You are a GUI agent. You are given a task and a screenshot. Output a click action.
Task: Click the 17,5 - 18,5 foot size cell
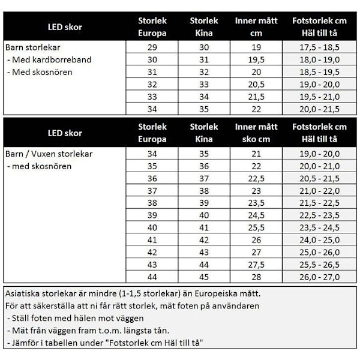[319, 47]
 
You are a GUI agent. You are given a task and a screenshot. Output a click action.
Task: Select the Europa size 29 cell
[152, 47]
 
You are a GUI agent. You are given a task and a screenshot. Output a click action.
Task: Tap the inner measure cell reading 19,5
[256, 59]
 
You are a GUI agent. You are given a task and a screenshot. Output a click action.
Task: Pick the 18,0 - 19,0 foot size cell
[319, 59]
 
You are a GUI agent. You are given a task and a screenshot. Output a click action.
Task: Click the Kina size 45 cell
[204, 277]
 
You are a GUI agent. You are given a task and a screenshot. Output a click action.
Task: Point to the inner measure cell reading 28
[256, 277]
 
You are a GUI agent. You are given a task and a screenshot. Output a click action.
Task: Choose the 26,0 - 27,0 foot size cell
[319, 277]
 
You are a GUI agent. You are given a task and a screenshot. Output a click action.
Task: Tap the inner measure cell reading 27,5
[256, 264]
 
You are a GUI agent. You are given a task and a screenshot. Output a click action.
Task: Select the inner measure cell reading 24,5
[256, 215]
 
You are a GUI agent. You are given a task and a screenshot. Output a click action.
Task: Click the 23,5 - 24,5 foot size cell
[319, 227]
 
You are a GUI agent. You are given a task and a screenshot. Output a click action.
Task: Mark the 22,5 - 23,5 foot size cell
[319, 215]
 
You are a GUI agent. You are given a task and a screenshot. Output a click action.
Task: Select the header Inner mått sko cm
[256, 133]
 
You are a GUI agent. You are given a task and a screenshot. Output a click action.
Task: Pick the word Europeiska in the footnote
[197, 294]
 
